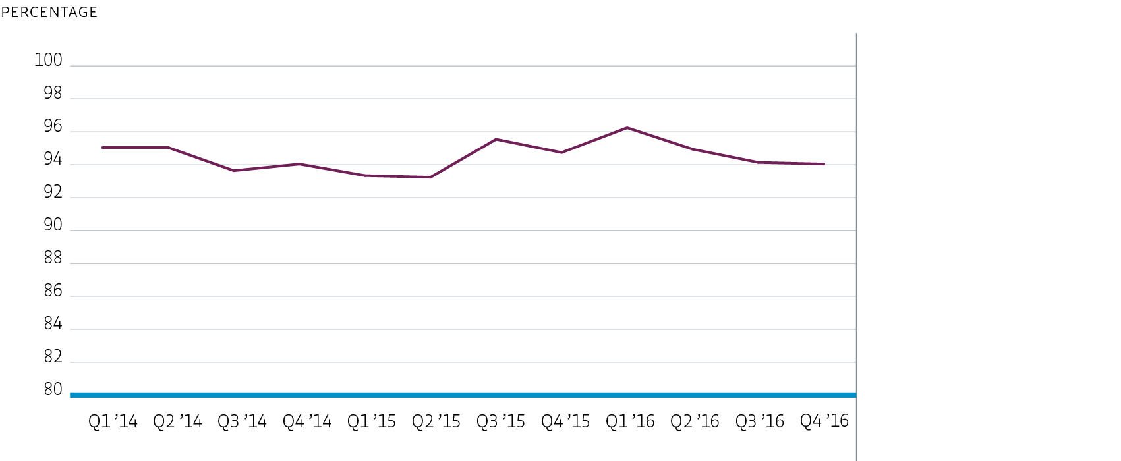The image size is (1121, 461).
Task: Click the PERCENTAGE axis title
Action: point(49,12)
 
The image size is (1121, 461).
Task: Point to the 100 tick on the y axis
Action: point(48,60)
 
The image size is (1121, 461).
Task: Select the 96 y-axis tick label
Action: point(53,126)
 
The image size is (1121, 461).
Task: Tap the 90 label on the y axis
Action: point(53,225)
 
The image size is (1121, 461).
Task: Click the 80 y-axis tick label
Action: point(53,389)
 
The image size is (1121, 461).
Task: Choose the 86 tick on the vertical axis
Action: point(53,290)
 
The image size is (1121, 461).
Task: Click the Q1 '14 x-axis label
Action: point(113,421)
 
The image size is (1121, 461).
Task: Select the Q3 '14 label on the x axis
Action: point(242,421)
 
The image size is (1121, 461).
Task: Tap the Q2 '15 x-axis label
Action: point(436,421)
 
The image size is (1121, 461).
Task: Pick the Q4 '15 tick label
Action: point(565,421)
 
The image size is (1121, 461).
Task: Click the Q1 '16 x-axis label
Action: point(630,421)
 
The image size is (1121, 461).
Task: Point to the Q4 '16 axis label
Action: point(824,421)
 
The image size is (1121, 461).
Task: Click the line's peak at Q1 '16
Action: point(627,128)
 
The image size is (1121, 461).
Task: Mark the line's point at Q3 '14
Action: point(234,171)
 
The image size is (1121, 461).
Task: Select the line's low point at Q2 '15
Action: point(430,177)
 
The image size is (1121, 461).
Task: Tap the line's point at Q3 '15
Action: point(496,139)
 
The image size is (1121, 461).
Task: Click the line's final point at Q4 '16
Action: point(824,164)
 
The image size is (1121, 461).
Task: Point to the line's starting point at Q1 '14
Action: point(103,148)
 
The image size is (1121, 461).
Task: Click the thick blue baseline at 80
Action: point(461,395)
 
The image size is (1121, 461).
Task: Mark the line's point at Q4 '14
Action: point(299,164)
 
